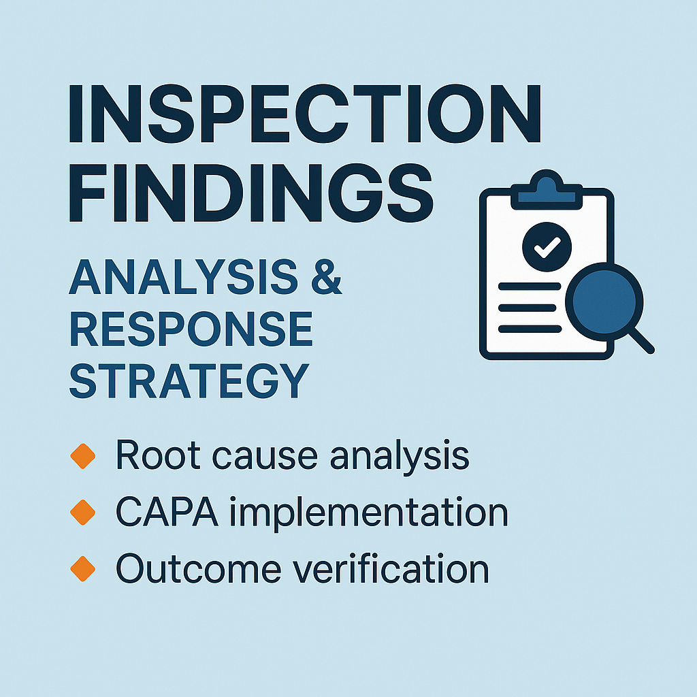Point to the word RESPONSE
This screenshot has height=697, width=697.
coord(191,330)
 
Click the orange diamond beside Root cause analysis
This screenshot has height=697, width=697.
coord(83,456)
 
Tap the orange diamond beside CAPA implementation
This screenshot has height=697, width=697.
coord(83,513)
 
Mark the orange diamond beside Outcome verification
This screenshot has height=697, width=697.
coord(83,569)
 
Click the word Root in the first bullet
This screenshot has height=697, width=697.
coord(151,456)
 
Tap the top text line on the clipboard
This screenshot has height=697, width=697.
coord(528,287)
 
